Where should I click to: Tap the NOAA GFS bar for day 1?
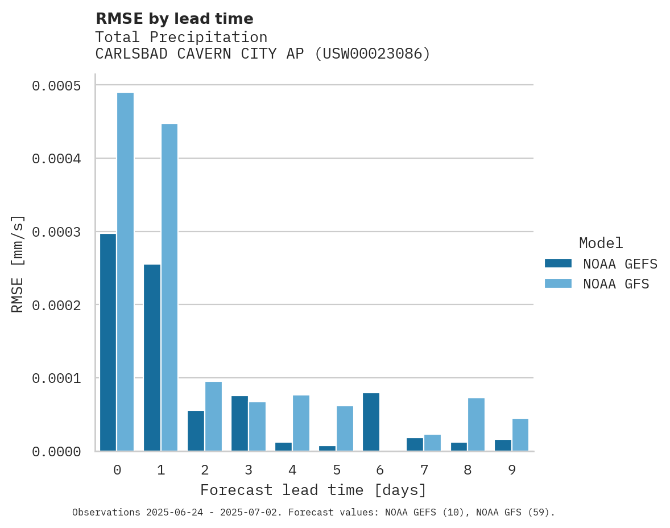[x=169, y=287]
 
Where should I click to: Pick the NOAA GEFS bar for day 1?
[x=152, y=358]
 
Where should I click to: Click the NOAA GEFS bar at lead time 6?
[x=371, y=422]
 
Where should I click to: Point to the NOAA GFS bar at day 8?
[x=476, y=424]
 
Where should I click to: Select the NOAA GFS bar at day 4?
[x=301, y=423]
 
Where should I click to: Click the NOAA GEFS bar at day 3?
[x=239, y=423]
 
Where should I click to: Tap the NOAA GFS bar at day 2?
[x=213, y=416]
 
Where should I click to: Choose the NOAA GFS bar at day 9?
[x=520, y=435]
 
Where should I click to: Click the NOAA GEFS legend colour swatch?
[x=558, y=263]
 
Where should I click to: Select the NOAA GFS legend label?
[x=615, y=284]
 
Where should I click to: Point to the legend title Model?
[x=601, y=243]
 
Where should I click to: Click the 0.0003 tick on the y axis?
[x=56, y=232]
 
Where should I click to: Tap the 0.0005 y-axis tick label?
[x=56, y=86]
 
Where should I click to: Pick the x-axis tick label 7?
[x=424, y=470]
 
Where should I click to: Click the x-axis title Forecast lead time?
[x=313, y=490]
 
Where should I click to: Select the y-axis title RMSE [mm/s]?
[x=18, y=263]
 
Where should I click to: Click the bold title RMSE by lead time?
[x=174, y=19]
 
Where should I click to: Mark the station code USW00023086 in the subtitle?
[x=373, y=54]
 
